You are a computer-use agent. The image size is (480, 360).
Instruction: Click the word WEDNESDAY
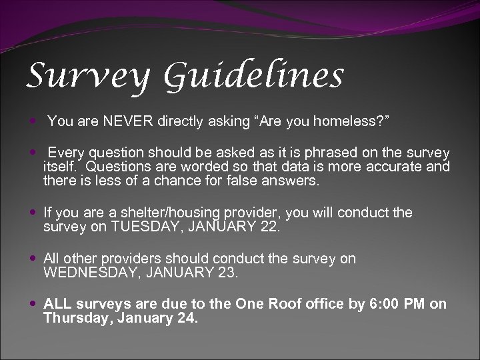[x=91, y=272]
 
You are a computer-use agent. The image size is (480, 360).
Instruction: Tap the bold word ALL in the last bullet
[x=57, y=304]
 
